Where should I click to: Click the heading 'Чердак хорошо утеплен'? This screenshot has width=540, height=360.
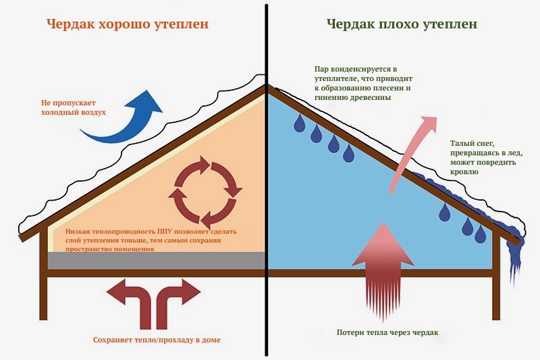(x=128, y=25)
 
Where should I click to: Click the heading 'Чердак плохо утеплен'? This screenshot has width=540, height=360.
(x=402, y=25)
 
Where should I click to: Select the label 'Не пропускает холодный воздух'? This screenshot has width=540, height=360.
(x=74, y=107)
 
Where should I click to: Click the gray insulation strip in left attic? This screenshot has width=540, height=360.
(x=156, y=261)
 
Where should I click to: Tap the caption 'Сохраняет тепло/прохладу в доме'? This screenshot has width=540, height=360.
(x=157, y=340)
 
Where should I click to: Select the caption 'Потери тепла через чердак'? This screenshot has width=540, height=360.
(x=387, y=332)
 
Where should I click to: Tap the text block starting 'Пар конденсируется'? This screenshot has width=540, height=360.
(x=363, y=83)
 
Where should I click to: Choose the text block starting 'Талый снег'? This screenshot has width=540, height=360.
(x=486, y=157)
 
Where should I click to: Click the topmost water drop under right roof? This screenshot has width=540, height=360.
(x=299, y=124)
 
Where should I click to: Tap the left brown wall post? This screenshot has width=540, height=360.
(x=43, y=274)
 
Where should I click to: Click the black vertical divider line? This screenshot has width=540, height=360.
(x=266, y=180)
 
